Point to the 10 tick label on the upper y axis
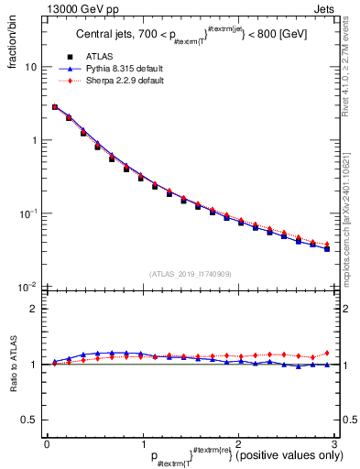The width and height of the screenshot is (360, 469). coord(31,68)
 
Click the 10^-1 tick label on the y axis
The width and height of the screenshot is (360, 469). coord(29,213)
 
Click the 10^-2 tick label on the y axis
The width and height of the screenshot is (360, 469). coord(29,286)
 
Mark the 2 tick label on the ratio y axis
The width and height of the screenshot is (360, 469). coord(35,310)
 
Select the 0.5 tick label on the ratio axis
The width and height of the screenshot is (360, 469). coord(30,420)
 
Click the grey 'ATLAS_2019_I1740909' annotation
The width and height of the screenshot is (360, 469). coord(190,274)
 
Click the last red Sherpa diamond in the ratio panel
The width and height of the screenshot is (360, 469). coord(326,353)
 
